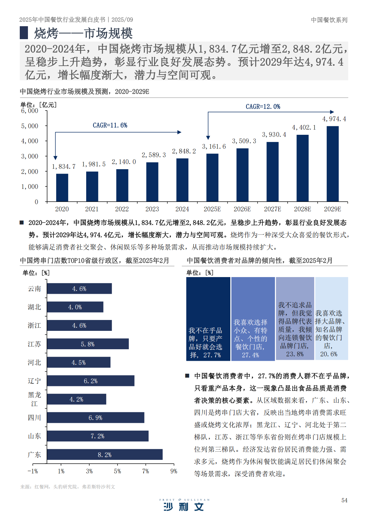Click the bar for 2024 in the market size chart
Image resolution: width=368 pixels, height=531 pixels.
[182, 180]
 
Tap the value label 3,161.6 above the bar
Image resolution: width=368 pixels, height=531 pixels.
[214, 147]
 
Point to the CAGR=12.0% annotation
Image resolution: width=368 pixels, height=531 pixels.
[263, 107]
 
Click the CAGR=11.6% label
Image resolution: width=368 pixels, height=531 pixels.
[110, 126]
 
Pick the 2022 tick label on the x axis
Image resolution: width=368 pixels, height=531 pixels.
[122, 209]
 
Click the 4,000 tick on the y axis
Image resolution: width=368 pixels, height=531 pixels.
[30, 141]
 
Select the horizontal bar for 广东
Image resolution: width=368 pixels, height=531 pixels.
[105, 454]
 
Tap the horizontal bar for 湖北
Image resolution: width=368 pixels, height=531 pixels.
[75, 307]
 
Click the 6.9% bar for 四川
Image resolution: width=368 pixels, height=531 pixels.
[95, 418]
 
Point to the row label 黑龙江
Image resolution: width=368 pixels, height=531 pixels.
[34, 399]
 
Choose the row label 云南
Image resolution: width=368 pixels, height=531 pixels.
[34, 289]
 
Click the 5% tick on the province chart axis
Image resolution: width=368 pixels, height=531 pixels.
[118, 471]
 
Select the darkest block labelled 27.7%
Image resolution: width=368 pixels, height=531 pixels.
[208, 319]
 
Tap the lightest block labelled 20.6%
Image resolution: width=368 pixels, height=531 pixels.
[332, 319]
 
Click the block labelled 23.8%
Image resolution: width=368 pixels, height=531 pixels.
[295, 319]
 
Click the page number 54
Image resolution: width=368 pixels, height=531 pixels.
[344, 500]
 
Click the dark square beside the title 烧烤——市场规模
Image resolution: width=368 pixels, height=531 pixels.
[24, 33]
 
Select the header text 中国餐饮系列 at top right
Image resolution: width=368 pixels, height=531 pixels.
[329, 20]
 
